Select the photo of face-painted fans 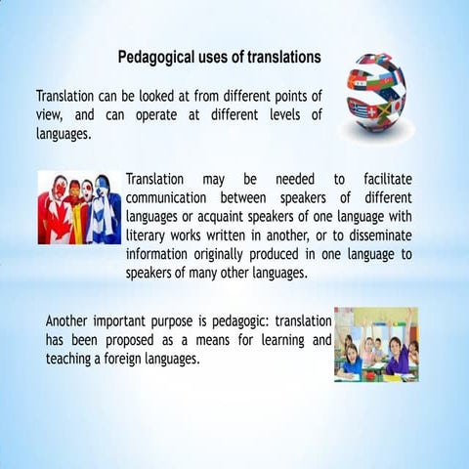coord(79,209)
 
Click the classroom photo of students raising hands coord(376,344)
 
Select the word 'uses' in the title coord(221,58)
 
